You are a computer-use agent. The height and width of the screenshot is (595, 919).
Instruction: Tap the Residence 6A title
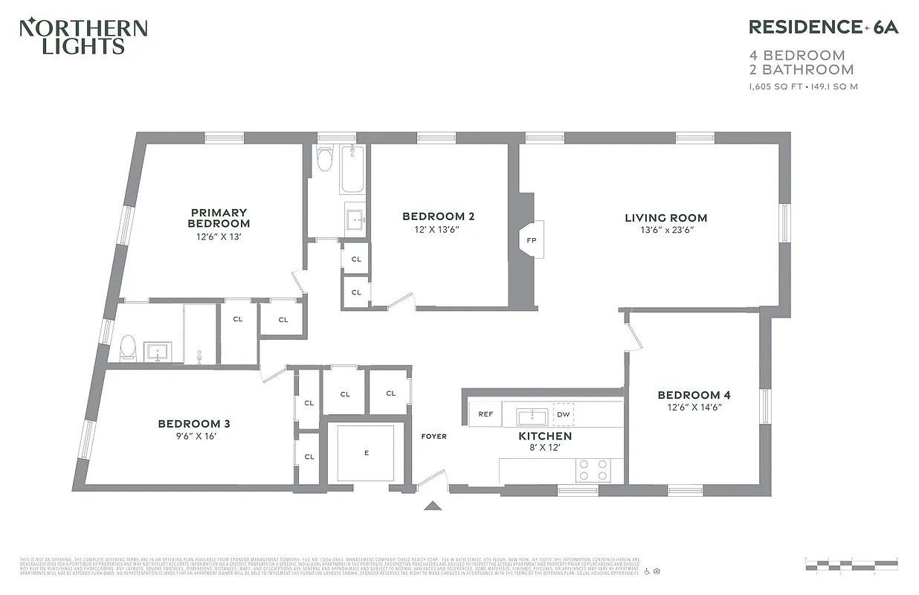tap(823, 28)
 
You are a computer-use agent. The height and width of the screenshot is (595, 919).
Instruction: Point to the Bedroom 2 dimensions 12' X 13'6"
tap(438, 230)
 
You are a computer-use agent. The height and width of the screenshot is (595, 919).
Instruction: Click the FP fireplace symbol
tap(532, 240)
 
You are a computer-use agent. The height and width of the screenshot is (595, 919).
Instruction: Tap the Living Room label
tap(665, 218)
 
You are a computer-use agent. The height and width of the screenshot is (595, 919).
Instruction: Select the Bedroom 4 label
tap(689, 395)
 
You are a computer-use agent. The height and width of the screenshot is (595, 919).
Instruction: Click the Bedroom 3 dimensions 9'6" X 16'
tap(193, 437)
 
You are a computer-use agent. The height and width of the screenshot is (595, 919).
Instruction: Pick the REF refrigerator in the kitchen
tap(486, 414)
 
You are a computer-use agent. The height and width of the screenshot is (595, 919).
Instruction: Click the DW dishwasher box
tap(564, 414)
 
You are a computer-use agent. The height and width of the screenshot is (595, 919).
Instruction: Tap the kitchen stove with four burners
tap(593, 469)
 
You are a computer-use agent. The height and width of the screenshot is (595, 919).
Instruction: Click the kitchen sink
tap(532, 416)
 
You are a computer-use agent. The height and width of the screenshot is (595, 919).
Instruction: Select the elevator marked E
tap(366, 452)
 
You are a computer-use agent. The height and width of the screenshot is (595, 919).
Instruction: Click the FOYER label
tap(434, 437)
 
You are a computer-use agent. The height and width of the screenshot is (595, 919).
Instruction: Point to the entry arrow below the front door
tap(432, 506)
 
